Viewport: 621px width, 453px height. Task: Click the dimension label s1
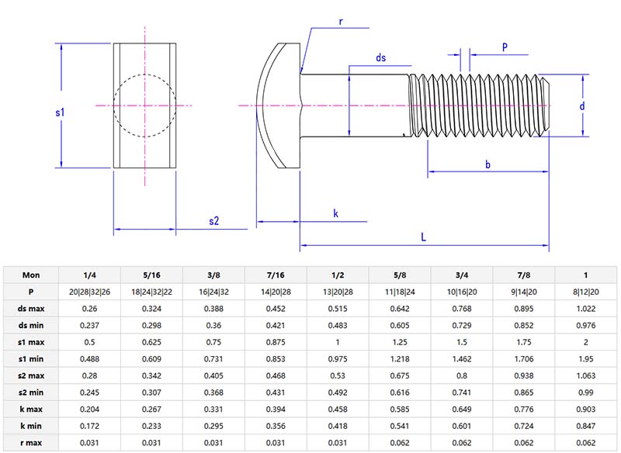point(60,113)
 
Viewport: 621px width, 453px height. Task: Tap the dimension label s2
point(214,221)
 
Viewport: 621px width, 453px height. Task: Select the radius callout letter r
point(341,22)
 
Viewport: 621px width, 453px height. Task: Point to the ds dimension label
point(380,58)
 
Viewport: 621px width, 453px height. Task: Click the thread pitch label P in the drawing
point(505,47)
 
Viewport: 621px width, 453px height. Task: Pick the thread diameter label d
point(582,105)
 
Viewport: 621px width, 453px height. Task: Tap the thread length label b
point(487,164)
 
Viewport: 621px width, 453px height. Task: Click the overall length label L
point(424,238)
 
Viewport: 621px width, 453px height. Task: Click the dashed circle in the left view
point(113,105)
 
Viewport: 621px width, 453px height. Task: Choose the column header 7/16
point(276,275)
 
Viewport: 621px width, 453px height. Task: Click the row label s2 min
point(31,392)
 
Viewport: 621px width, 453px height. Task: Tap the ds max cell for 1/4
point(90,308)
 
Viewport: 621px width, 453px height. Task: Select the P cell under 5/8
point(400,291)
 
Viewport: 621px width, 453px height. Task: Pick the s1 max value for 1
point(586,342)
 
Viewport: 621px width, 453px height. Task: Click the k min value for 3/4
point(462,427)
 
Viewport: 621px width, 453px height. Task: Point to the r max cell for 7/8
point(524,443)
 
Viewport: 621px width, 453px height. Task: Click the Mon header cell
point(31,275)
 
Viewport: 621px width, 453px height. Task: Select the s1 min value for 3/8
point(213,358)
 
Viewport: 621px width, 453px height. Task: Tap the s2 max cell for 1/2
point(338,375)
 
